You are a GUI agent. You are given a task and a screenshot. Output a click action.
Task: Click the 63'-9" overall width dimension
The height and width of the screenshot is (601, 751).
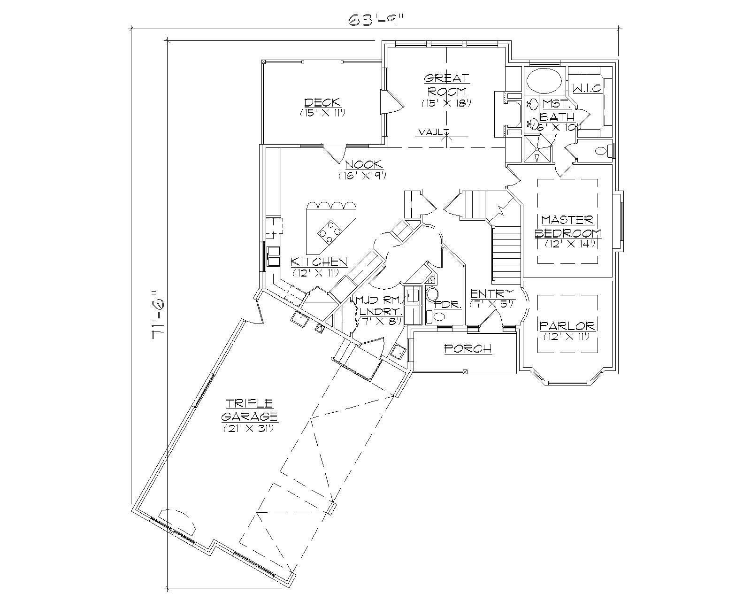(x=375, y=20)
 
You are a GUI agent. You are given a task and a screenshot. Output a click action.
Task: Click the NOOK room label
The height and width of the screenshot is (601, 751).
(x=364, y=164)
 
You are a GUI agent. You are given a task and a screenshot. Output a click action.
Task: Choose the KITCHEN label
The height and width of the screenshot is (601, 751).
(x=319, y=262)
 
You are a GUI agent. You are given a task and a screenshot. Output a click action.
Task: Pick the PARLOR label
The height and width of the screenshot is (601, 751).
(x=567, y=325)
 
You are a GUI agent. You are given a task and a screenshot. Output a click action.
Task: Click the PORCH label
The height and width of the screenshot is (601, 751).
(x=467, y=348)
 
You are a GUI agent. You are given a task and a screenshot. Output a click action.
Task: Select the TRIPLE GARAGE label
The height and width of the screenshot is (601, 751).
(x=249, y=410)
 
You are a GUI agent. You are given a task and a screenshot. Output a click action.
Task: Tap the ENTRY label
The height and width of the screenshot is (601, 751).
(x=492, y=294)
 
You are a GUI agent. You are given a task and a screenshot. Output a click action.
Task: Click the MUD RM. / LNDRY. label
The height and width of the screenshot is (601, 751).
(x=379, y=305)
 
